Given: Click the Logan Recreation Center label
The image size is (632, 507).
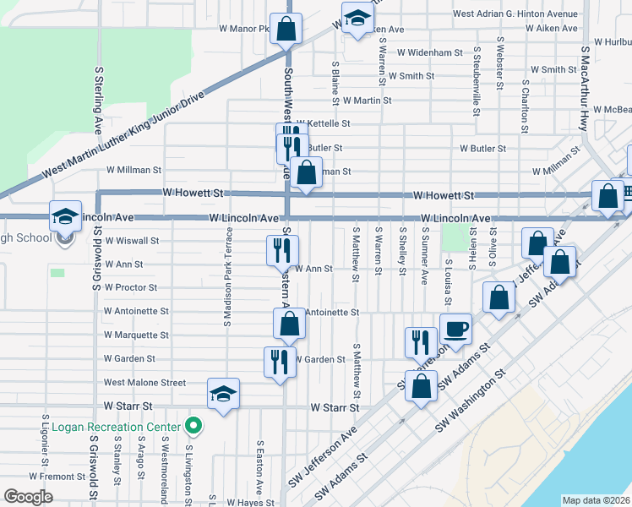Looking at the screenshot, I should [x=116, y=427].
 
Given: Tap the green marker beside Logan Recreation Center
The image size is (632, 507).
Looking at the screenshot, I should [x=193, y=427].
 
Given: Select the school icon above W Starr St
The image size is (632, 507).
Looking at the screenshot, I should [x=223, y=394].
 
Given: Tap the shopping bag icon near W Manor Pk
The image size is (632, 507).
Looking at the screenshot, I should [x=287, y=29].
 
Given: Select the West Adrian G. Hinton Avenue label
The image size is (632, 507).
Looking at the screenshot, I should [x=515, y=14].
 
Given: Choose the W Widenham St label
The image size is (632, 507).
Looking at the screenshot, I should [x=430, y=52].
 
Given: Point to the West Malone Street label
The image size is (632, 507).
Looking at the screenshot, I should [x=144, y=383].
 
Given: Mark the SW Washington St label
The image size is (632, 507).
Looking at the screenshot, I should [x=471, y=401].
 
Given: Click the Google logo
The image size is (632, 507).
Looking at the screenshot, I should [x=29, y=496].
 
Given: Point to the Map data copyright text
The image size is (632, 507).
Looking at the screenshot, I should [x=596, y=500].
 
